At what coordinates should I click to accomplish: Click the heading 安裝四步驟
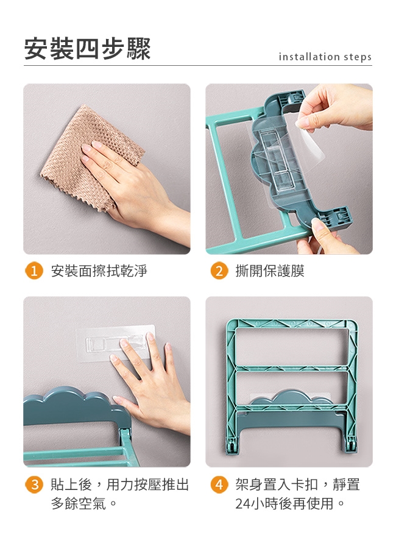pyautogui.click(x=87, y=49)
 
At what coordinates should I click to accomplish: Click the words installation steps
pyautogui.click(x=325, y=57)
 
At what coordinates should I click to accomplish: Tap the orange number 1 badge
pyautogui.click(x=34, y=271)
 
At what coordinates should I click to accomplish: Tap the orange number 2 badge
pyautogui.click(x=219, y=271)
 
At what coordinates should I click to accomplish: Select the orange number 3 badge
pyautogui.click(x=34, y=484)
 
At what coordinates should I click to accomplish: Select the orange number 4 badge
pyautogui.click(x=219, y=484)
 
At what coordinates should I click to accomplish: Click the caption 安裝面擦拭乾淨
pyautogui.click(x=99, y=271)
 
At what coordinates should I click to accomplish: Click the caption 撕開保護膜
pyautogui.click(x=270, y=271)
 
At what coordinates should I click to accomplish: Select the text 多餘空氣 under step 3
pyautogui.click(x=79, y=503)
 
